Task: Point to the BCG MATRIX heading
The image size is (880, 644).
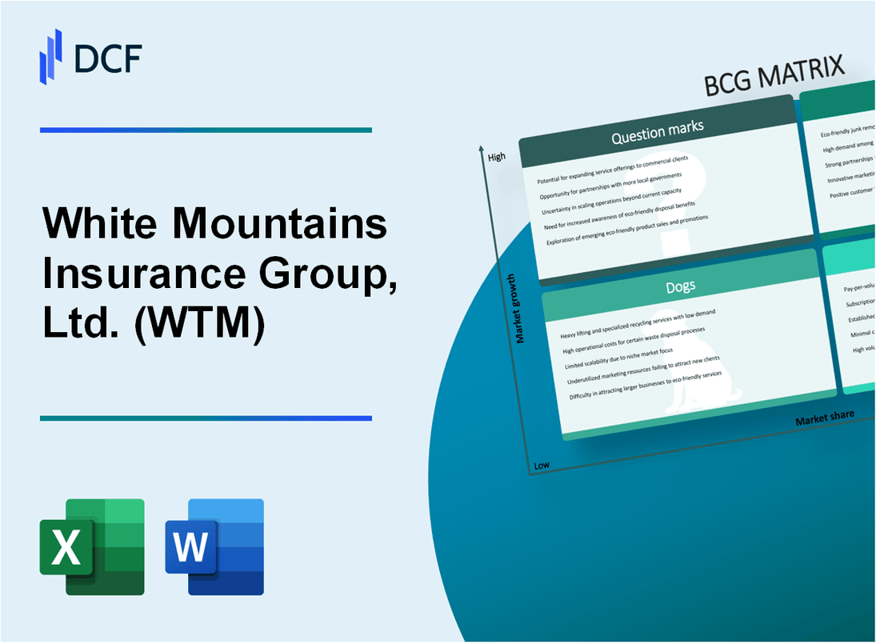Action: click(x=774, y=77)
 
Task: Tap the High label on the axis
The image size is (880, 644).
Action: click(x=496, y=157)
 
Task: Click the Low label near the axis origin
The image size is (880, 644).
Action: click(x=542, y=465)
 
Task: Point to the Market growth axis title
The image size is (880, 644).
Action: click(x=521, y=309)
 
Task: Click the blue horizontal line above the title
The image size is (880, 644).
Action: click(x=206, y=130)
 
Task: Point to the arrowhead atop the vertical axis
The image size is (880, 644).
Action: click(x=480, y=149)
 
